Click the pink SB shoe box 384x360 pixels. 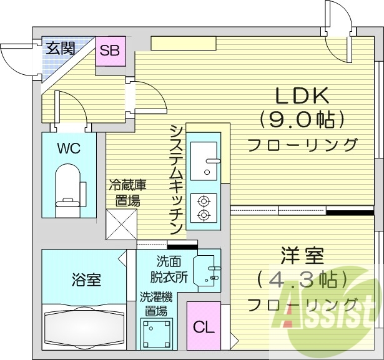[x=111, y=51]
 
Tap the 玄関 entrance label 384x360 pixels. [x=60, y=47]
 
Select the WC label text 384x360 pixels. [x=69, y=148]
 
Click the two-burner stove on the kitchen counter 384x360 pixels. [x=204, y=208]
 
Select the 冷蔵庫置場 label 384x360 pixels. [x=127, y=192]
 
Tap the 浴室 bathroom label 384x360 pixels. [x=86, y=280]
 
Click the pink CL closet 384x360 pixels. [x=203, y=326]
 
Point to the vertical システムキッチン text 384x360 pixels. [x=176, y=178]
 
